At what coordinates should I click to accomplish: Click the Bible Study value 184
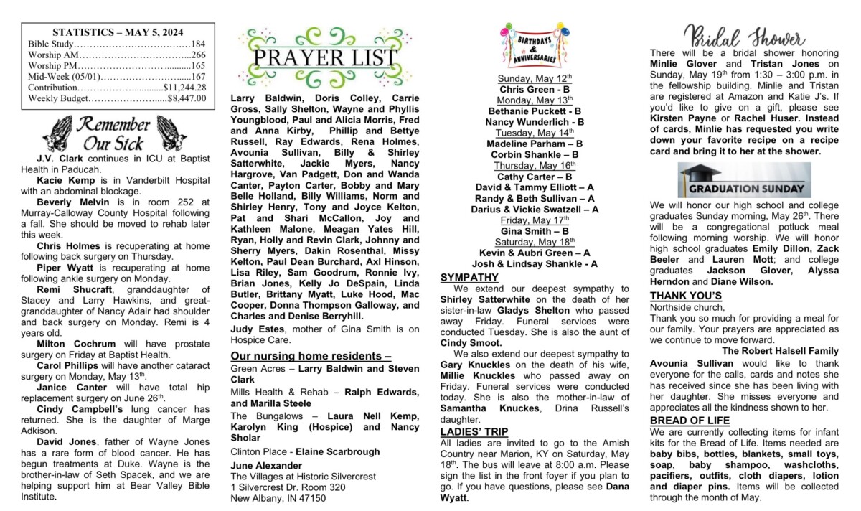198,44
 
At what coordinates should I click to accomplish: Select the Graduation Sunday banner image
744,180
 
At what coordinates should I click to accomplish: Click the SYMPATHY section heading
469,277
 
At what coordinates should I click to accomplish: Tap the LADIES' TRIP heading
474,431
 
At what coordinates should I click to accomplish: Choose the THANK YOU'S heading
685,296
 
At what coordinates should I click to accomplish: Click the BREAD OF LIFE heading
690,421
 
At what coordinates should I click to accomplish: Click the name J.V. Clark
56,157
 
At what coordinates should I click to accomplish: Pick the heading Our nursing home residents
310,356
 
